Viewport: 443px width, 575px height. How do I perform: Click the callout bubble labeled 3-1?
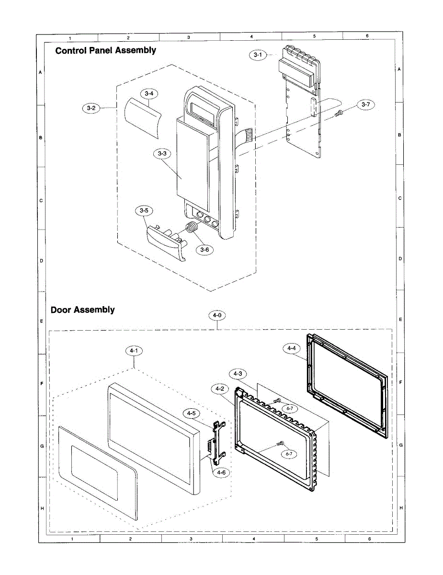click(258, 55)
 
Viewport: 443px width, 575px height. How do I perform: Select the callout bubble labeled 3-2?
click(91, 108)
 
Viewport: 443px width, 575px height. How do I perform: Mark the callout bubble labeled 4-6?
click(221, 472)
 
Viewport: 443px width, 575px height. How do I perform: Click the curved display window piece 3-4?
click(143, 115)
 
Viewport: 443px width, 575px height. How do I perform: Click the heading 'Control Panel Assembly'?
click(105, 50)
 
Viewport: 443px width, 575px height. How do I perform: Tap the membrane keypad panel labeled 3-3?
click(192, 161)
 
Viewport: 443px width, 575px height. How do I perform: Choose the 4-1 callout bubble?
click(134, 351)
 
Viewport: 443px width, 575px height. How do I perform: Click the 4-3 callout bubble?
click(238, 373)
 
